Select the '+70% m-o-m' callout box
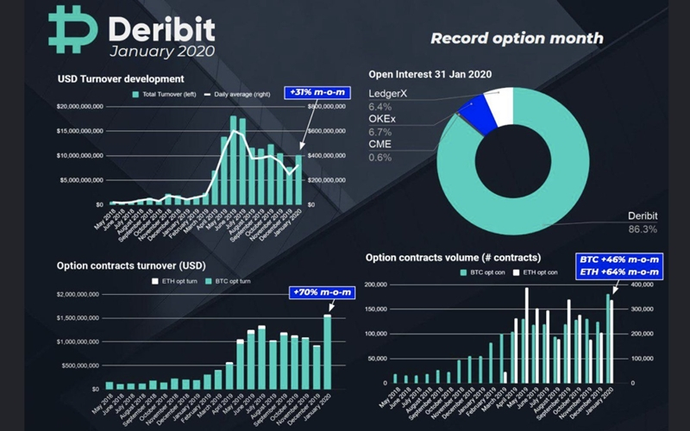pyautogui.click(x=321, y=292)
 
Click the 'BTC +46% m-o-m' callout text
pyautogui.click(x=618, y=259)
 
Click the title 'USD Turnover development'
pyautogui.click(x=121, y=79)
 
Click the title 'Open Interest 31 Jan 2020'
pyautogui.click(x=430, y=74)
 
